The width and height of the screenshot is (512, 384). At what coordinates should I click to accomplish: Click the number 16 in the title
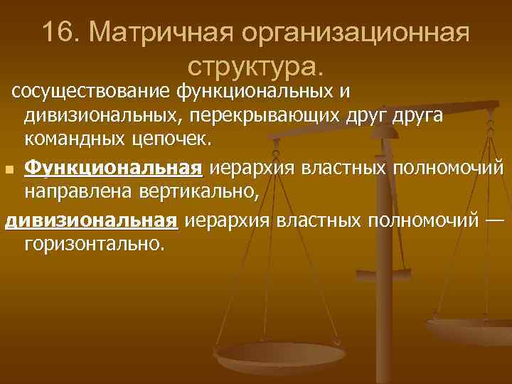click(60, 32)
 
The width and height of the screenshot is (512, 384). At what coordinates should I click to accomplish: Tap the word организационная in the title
click(356, 33)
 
